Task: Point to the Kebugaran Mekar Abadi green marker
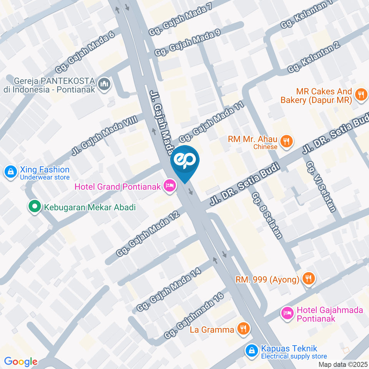[x=35, y=207]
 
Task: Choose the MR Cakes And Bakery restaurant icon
[x=360, y=95]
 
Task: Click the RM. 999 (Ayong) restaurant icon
[x=307, y=279]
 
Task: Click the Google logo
[x=20, y=361]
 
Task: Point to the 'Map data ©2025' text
[x=343, y=364]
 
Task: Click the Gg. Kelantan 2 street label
[x=314, y=58]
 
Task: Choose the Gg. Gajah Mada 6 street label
[x=85, y=53]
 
